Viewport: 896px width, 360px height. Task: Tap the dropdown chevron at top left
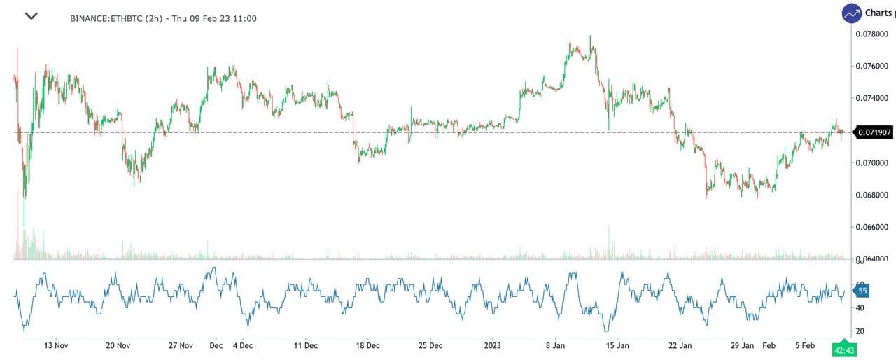(x=31, y=16)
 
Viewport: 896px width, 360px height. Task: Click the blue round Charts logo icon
(x=852, y=13)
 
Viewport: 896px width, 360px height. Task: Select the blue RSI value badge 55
(x=862, y=291)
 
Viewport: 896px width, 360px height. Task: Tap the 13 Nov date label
(x=56, y=346)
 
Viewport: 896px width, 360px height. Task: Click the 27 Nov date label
(x=181, y=346)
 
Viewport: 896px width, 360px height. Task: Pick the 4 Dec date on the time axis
(x=242, y=346)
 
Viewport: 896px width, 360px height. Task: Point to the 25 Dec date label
(x=430, y=346)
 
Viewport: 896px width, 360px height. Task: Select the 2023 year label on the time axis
(x=492, y=346)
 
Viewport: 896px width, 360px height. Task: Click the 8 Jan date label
(x=555, y=346)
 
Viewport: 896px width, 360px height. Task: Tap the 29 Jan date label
(x=742, y=346)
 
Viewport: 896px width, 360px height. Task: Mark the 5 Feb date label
(x=805, y=346)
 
